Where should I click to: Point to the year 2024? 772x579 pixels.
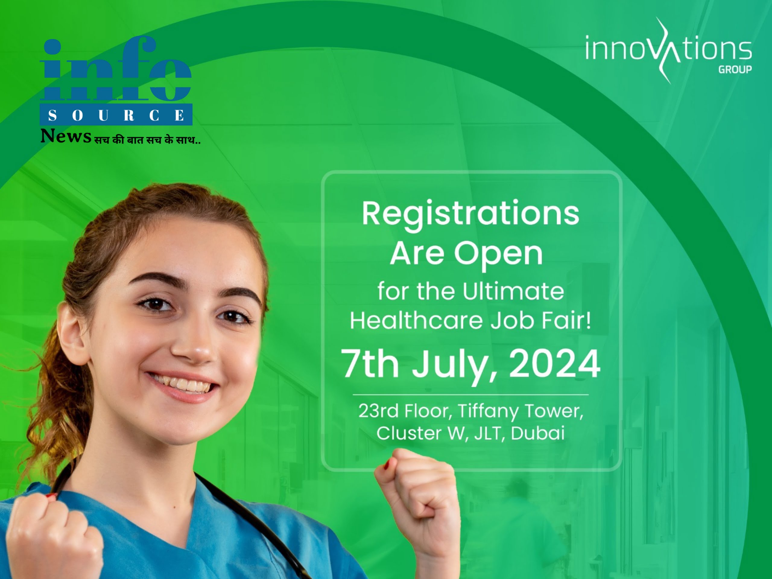[x=555, y=363]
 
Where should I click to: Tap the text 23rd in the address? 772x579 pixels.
[x=378, y=411]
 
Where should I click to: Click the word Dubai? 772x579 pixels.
[x=538, y=433]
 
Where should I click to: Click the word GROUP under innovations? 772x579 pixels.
[x=735, y=70]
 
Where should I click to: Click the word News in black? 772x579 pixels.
[x=66, y=136]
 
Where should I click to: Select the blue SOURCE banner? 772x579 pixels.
[x=116, y=115]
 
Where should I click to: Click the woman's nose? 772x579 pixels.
[x=193, y=344]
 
